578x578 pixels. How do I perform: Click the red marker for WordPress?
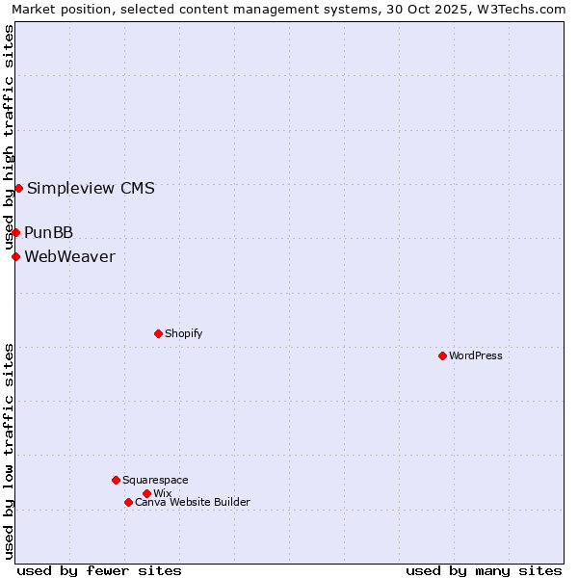point(442,355)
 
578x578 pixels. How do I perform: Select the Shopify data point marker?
point(158,333)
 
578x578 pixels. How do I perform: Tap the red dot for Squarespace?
point(116,480)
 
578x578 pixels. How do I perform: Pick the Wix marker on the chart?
point(146,493)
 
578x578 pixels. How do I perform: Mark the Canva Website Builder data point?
point(128,502)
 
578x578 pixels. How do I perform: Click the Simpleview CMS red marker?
point(18,188)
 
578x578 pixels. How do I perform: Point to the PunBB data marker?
point(15,232)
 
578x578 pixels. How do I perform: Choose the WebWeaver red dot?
point(15,256)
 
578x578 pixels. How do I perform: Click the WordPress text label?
point(476,355)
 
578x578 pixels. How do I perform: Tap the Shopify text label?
point(183,333)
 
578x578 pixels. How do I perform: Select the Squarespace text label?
point(155,480)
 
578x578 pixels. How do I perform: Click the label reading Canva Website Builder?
point(193,502)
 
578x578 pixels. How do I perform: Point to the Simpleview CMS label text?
point(91,188)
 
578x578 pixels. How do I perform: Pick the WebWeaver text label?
point(69,256)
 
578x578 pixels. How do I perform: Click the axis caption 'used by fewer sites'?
point(99,570)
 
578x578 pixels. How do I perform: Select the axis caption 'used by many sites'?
point(484,570)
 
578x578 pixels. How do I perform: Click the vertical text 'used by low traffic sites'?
point(10,450)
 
